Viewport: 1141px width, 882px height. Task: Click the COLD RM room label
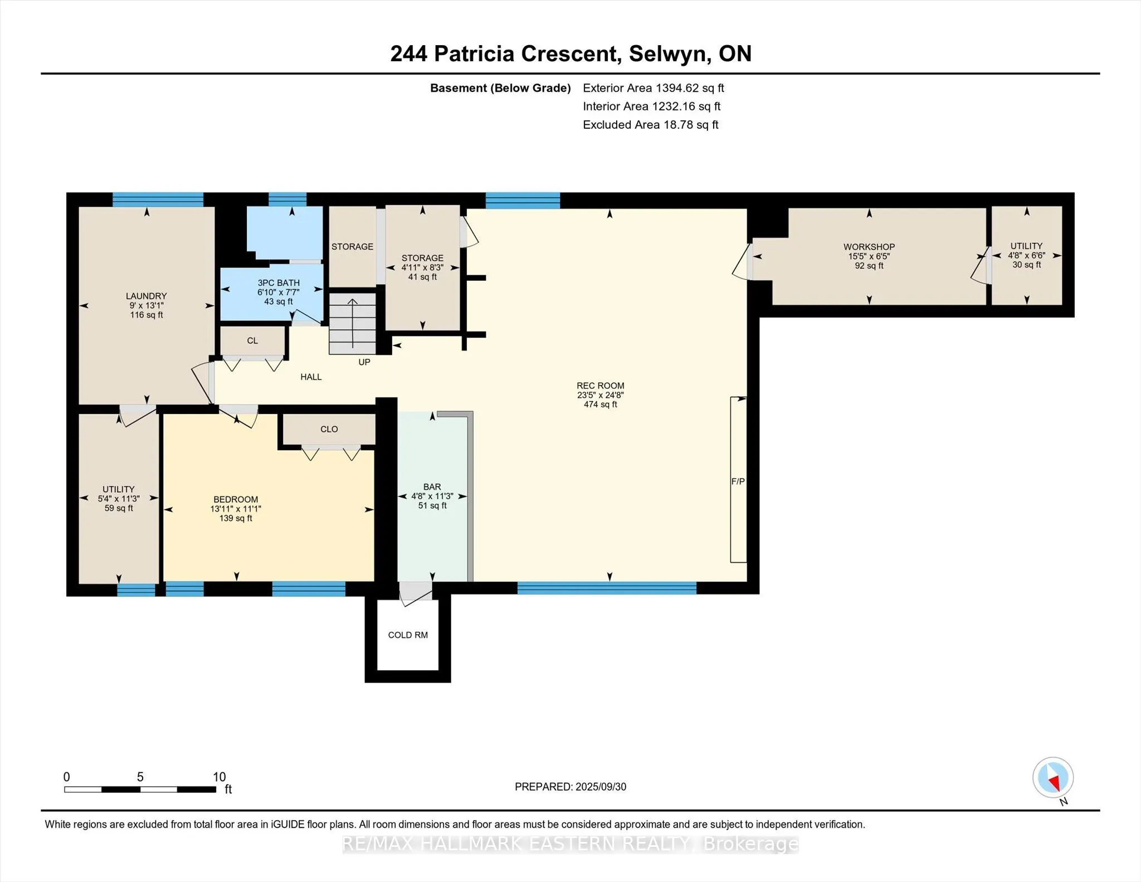408,635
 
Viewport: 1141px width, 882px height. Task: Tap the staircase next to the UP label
352,324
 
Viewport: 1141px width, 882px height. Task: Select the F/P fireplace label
738,481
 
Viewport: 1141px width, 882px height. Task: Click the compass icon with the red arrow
1052,778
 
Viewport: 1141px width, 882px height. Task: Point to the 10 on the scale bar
219,777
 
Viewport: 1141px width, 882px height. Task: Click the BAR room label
432,487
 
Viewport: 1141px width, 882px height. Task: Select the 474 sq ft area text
600,405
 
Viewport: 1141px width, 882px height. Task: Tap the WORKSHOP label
869,247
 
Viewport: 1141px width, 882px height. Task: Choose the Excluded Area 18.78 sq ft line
650,125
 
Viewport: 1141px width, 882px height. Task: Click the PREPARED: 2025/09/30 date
570,787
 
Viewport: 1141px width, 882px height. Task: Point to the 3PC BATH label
279,283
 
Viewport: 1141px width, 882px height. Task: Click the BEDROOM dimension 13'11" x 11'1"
236,509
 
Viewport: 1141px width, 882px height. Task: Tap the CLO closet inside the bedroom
329,429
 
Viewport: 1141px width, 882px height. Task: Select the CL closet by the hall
252,340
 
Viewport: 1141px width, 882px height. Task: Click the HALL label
311,377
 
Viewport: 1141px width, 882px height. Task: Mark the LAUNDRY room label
146,296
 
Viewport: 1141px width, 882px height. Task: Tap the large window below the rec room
607,588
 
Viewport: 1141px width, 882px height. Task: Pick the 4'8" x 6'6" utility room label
1026,255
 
